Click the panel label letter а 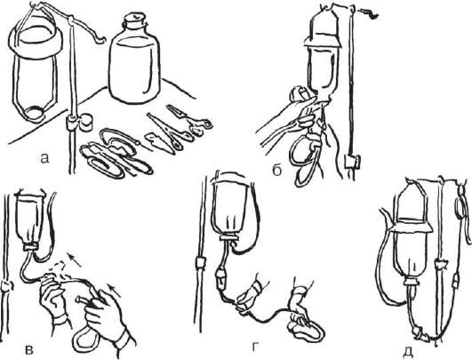(x=44, y=158)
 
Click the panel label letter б (x=277, y=171)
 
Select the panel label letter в (x=28, y=349)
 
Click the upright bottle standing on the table (x=134, y=58)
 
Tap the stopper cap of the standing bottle (x=135, y=20)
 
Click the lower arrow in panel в (x=115, y=289)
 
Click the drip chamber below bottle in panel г (x=220, y=277)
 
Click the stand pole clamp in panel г (x=201, y=262)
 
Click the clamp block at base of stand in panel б (x=352, y=162)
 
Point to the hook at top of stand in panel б (x=368, y=12)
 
